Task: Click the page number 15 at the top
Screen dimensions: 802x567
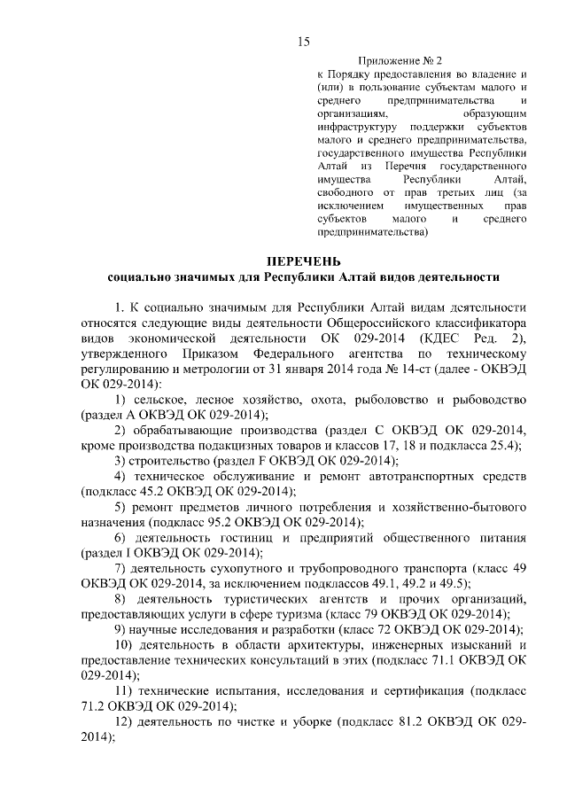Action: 303,41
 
